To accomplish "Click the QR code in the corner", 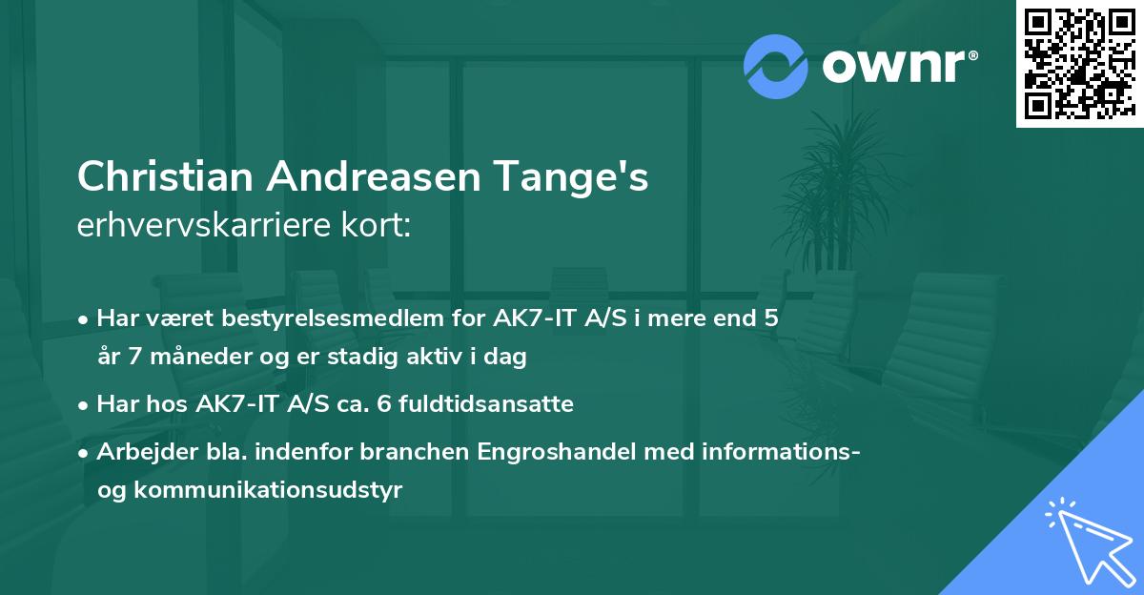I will (1079, 63).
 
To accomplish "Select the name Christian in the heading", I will (166, 177).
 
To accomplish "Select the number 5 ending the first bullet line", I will (770, 318).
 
